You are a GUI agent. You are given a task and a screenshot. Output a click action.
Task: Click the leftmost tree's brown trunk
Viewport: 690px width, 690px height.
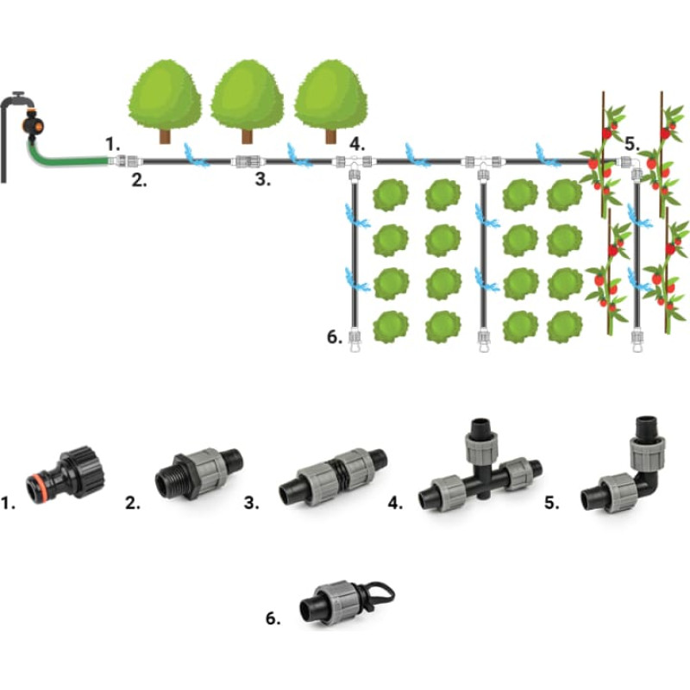(164, 133)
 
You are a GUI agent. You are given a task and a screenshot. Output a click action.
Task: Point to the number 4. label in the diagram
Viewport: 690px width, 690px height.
(358, 142)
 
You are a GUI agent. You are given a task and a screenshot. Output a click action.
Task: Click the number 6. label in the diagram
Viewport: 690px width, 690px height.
(336, 337)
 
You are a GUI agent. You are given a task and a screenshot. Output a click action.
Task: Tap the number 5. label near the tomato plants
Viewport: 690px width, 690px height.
(632, 142)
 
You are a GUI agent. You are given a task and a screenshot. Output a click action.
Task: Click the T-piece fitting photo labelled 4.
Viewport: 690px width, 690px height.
(479, 470)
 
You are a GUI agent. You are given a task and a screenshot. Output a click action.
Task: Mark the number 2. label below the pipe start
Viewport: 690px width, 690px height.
(139, 180)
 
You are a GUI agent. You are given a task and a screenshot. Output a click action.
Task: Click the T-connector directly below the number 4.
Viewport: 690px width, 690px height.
(354, 163)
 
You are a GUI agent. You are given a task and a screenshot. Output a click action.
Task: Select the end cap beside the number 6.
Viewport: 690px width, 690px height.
(354, 337)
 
